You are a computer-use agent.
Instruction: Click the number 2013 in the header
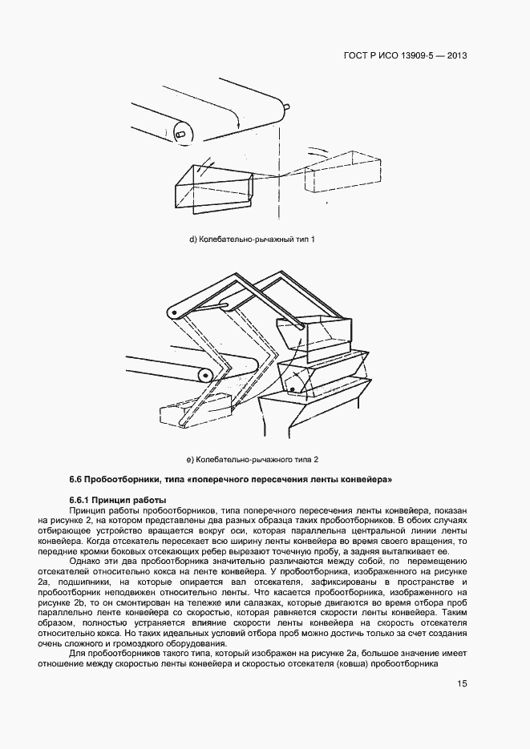[x=455, y=56]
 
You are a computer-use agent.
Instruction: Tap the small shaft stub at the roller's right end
[x=285, y=105]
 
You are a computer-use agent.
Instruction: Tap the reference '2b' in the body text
[x=113, y=602]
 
